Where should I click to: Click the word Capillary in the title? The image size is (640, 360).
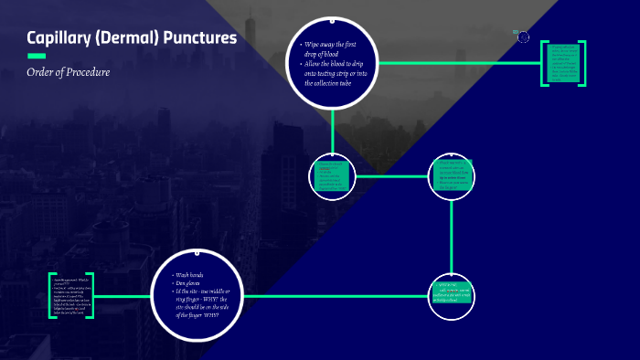pyautogui.click(x=60, y=38)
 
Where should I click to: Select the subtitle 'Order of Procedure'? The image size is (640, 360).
pyautogui.click(x=68, y=71)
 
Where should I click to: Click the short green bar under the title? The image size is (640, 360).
pyautogui.click(x=37, y=56)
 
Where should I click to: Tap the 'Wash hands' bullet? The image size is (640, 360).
pyautogui.click(x=194, y=275)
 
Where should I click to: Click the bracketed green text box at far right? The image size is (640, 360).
pyautogui.click(x=562, y=63)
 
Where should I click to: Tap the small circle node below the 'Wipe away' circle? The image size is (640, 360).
pyautogui.click(x=332, y=175)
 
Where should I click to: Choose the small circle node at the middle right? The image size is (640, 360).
pyautogui.click(x=453, y=175)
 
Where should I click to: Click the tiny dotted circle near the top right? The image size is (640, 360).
pyautogui.click(x=524, y=37)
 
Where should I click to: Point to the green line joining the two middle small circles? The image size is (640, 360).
pyautogui.click(x=391, y=175)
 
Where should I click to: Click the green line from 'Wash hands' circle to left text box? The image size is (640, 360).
pyautogui.click(x=123, y=296)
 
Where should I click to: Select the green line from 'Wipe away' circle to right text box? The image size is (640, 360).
pyautogui.click(x=457, y=63)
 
